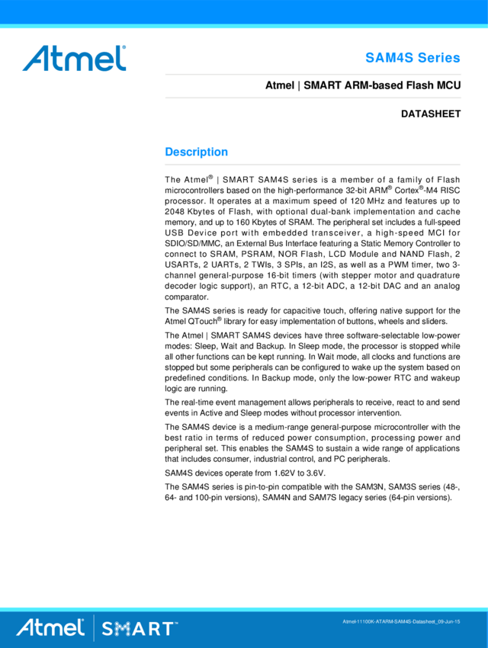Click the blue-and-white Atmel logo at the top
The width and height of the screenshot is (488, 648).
[74, 58]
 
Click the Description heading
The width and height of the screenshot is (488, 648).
[197, 152]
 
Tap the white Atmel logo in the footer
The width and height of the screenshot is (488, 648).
[50, 627]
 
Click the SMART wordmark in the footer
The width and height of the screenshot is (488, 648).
[138, 629]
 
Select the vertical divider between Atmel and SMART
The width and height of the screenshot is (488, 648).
[94, 627]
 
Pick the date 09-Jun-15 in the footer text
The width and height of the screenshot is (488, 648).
[448, 622]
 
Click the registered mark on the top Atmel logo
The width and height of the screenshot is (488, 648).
[124, 47]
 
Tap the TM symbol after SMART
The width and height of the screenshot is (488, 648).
[176, 623]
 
